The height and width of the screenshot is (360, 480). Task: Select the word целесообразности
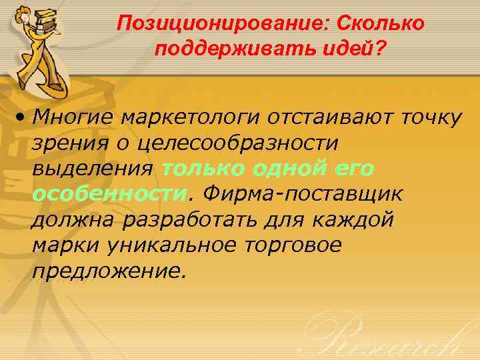point(240,143)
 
